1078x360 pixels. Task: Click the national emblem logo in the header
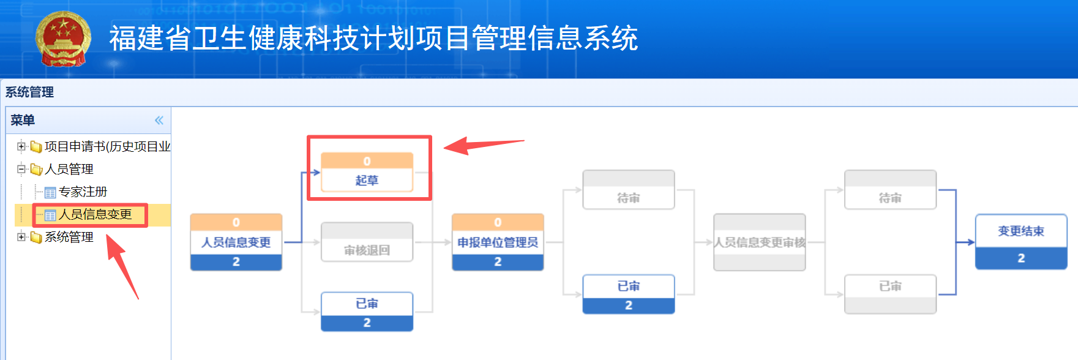tap(63, 39)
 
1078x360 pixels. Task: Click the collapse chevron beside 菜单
tap(159, 120)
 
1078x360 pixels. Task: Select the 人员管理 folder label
tap(69, 169)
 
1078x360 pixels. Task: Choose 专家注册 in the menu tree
tap(83, 192)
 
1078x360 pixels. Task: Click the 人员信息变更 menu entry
tap(95, 214)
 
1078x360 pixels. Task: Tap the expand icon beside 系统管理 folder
tap(21, 237)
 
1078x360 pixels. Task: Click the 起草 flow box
tap(367, 172)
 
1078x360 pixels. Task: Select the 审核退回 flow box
tap(367, 242)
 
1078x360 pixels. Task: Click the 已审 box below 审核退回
tap(367, 312)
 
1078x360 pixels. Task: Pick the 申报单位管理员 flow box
tap(498, 242)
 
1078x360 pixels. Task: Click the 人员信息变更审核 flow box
tap(760, 242)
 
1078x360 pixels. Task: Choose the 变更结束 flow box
tap(1021, 242)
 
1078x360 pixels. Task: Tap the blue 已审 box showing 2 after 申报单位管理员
tap(629, 294)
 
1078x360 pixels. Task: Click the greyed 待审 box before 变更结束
tap(890, 190)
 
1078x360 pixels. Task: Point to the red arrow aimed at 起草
tap(484, 145)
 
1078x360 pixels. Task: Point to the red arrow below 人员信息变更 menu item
tap(123, 266)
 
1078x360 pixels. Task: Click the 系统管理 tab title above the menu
tap(29, 92)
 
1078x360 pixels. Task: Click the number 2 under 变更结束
tap(1021, 258)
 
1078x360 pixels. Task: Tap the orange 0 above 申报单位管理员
tap(498, 222)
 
